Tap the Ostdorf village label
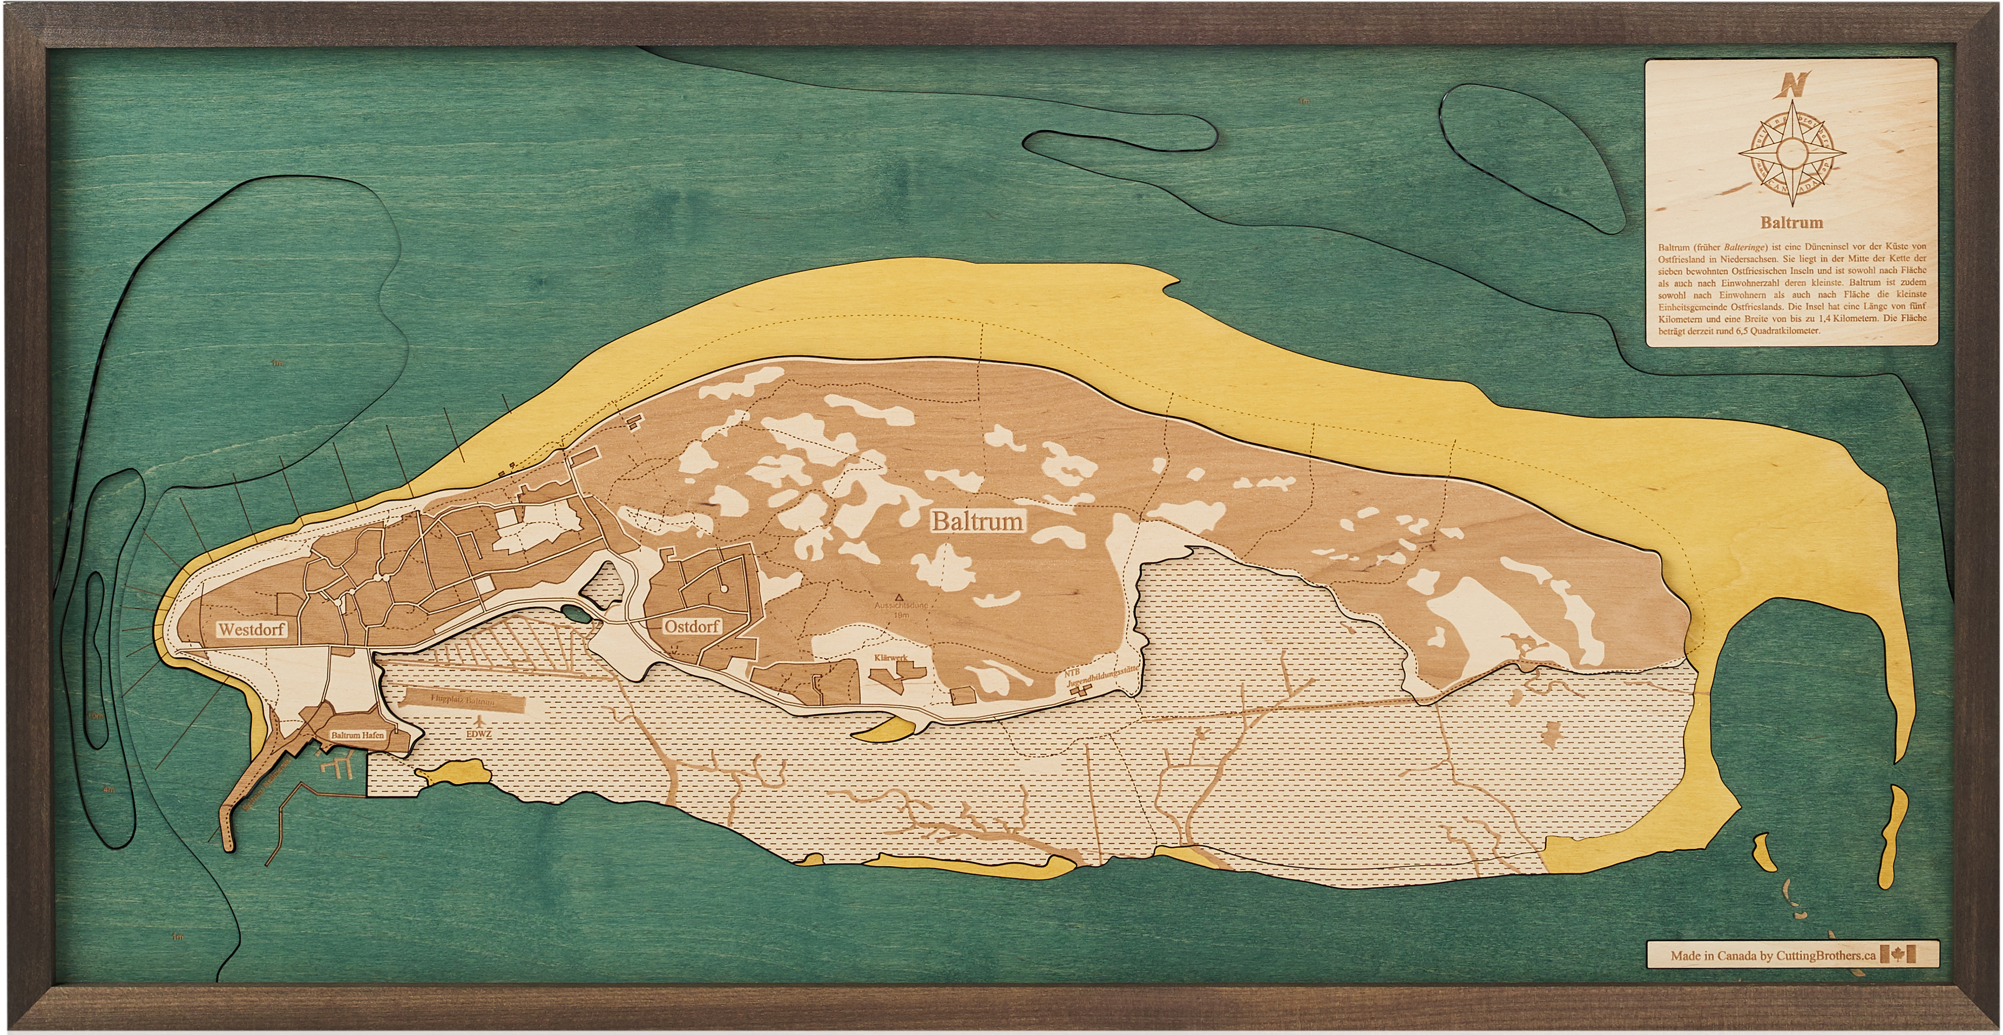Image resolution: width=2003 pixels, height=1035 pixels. pos(691,625)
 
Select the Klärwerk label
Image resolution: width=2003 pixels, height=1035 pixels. pos(891,658)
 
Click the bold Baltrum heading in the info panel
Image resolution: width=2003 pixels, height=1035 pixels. pos(1792,222)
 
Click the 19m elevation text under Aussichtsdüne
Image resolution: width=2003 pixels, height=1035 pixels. pos(900,614)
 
